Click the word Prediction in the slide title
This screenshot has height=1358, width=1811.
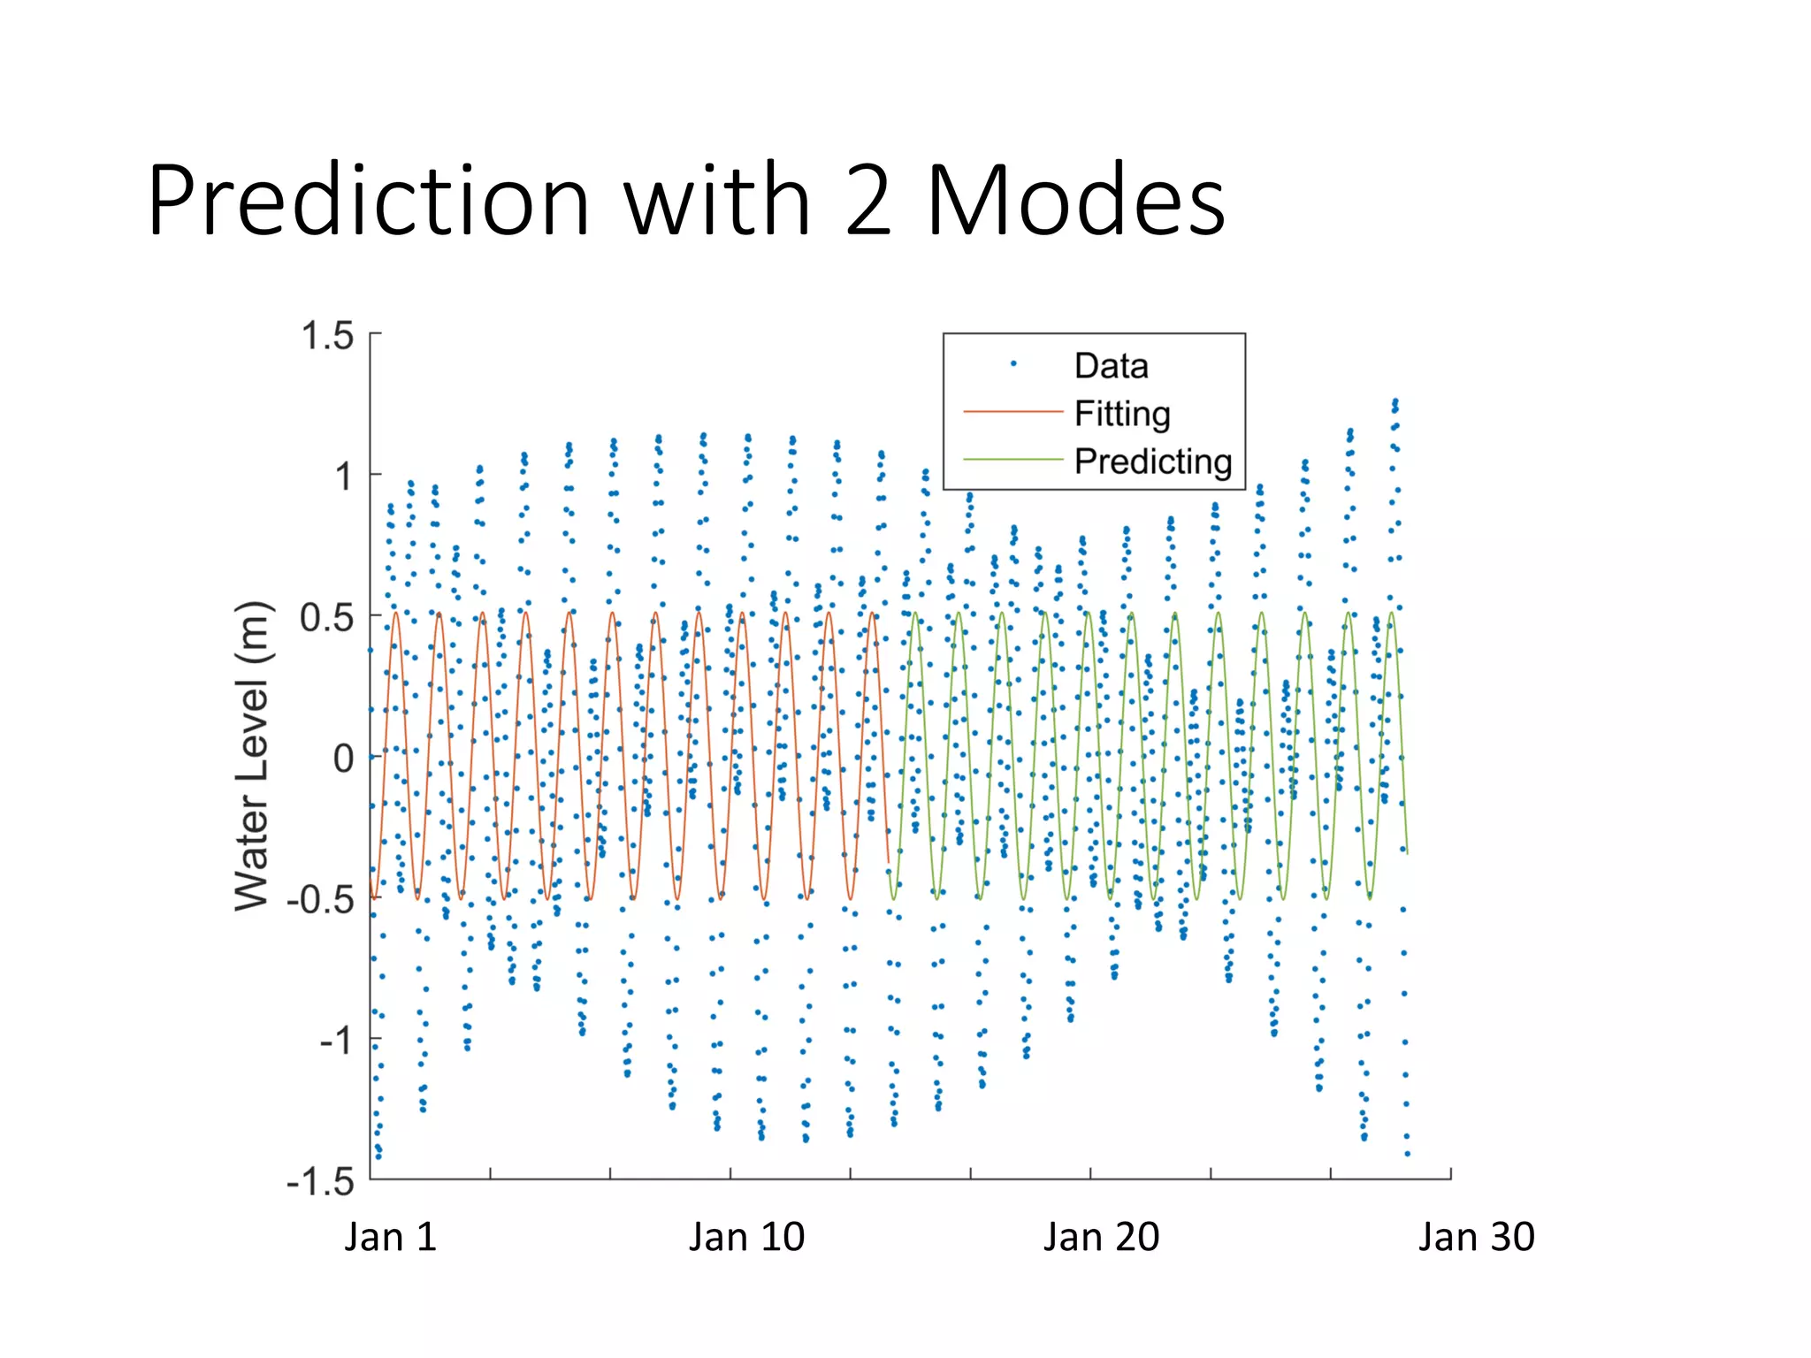tap(368, 202)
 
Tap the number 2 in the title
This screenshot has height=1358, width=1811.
tap(868, 202)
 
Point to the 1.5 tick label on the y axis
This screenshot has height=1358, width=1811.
tap(327, 337)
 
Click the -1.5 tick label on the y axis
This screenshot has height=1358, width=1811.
tap(320, 1182)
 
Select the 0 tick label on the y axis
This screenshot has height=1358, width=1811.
tap(343, 759)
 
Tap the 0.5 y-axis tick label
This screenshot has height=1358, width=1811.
tap(327, 618)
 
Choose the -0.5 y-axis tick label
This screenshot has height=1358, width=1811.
tap(320, 900)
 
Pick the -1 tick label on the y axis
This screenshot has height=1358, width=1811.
tap(336, 1041)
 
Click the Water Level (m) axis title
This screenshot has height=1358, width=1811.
tap(252, 756)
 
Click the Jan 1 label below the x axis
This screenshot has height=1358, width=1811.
tap(391, 1237)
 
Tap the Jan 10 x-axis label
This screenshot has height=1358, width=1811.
tap(746, 1237)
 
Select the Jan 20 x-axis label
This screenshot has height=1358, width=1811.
tap(1101, 1237)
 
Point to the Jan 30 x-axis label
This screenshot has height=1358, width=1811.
tap(1476, 1237)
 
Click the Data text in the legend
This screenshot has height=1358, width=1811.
tap(1111, 365)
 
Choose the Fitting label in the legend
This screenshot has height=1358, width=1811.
tap(1122, 414)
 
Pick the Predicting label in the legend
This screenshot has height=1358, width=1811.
tap(1153, 462)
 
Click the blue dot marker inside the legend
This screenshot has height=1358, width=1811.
tap(1013, 363)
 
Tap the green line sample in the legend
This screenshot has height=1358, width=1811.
tap(1012, 460)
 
